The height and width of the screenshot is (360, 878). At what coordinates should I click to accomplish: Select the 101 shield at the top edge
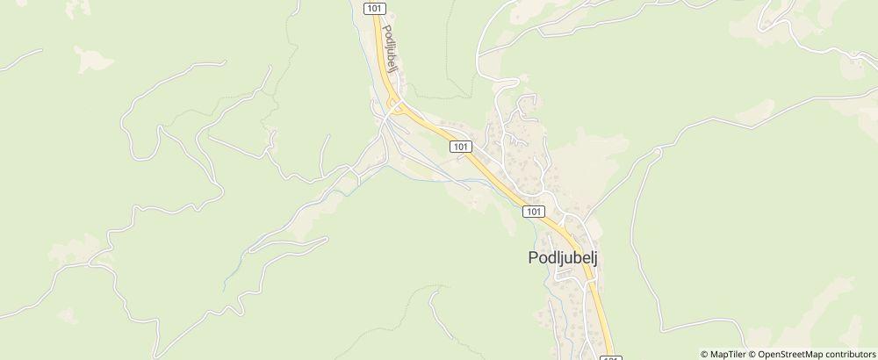[373, 6]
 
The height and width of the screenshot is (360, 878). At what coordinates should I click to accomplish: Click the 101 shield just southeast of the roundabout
[461, 147]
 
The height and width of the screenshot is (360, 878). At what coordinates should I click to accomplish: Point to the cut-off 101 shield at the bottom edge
[611, 356]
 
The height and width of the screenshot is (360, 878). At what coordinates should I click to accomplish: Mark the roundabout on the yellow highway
[397, 106]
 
